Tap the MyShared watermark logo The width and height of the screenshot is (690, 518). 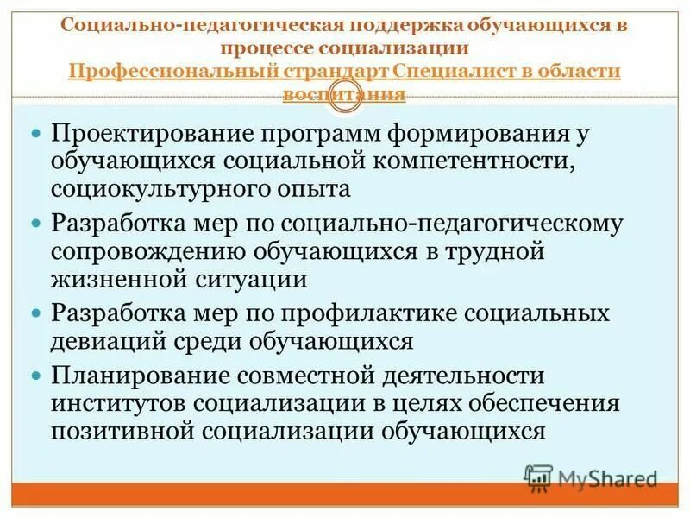coord(591,476)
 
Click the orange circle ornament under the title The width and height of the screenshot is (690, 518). coord(345,100)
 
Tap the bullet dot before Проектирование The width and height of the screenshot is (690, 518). coord(36,136)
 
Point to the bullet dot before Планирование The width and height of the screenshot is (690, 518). coord(36,377)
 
